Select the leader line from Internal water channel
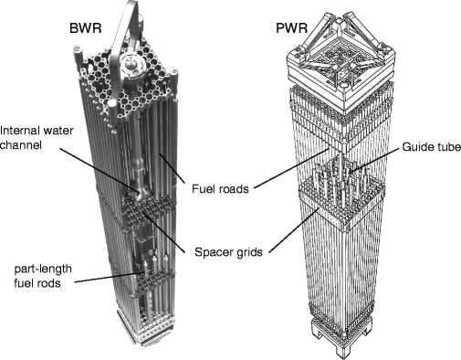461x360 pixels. tap(100, 170)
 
